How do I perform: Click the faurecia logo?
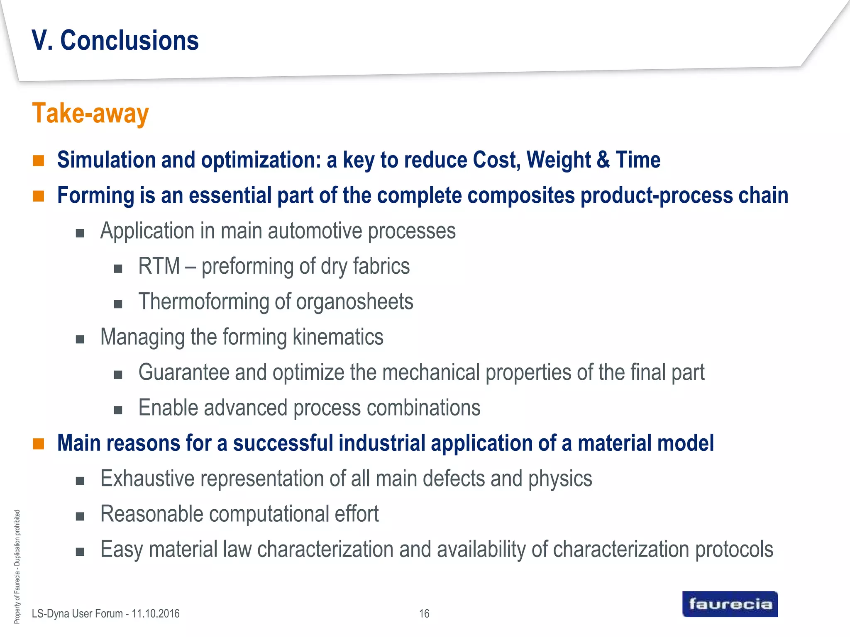[730, 604]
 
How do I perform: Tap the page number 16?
[424, 613]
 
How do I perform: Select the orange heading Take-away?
[90, 114]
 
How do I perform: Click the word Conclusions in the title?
[129, 41]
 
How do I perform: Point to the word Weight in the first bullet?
[558, 160]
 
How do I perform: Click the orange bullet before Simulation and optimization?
[39, 160]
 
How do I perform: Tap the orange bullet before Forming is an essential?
[39, 196]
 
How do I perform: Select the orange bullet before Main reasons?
[39, 444]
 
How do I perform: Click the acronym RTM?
[159, 266]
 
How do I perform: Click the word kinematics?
[338, 337]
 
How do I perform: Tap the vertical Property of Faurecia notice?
[17, 566]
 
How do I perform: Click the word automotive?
[315, 231]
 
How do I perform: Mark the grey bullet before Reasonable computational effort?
[80, 516]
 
